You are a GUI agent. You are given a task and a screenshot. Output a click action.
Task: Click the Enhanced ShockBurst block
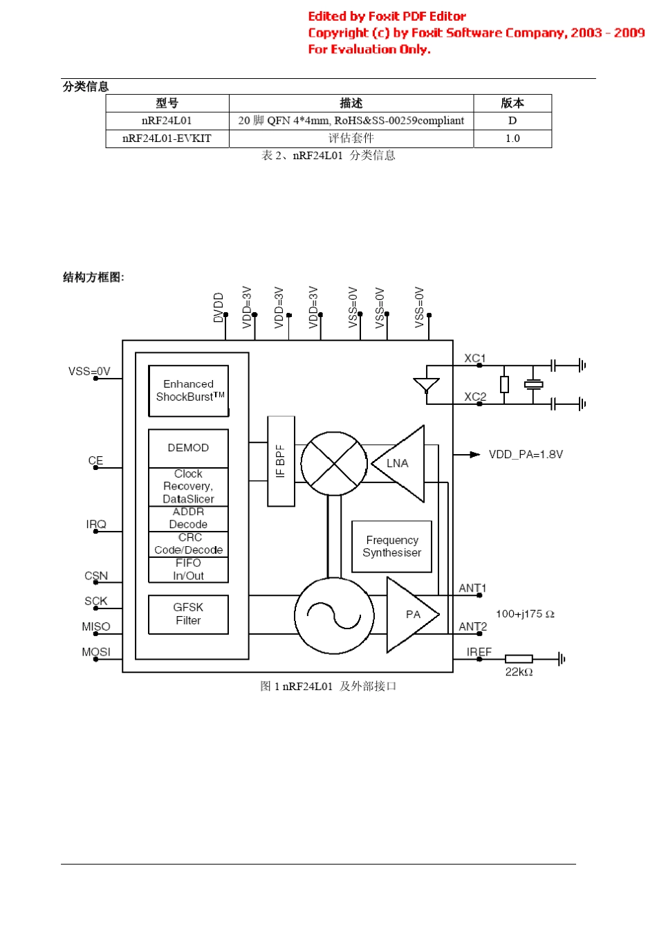point(188,390)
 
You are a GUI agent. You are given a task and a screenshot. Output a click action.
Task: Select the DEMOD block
point(188,448)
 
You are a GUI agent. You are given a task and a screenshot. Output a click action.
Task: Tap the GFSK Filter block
point(188,614)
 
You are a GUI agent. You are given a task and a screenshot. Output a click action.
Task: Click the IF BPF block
point(281,461)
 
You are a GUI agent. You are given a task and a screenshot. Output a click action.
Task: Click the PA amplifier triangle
point(411,614)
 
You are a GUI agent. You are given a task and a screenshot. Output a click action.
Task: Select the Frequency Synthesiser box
point(391,546)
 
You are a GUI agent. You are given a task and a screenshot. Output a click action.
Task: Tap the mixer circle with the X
point(334,464)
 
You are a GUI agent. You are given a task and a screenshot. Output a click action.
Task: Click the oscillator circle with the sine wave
point(334,615)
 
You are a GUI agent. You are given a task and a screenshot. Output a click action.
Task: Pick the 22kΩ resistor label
point(519,672)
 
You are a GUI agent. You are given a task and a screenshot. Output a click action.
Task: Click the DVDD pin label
point(219,307)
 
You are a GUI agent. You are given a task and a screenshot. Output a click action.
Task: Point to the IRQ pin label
point(96,524)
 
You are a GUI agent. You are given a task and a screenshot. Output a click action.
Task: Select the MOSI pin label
point(96,652)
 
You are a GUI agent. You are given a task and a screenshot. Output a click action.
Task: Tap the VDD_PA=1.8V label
point(526,455)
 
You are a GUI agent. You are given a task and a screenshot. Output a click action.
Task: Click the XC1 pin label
point(474,358)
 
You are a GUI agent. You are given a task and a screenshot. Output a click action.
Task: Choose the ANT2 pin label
point(473,626)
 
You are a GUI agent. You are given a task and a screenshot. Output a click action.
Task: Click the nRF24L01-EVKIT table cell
point(167,138)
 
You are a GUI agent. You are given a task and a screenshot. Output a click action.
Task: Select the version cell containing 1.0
point(512,138)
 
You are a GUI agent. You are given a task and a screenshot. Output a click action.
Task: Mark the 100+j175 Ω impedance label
point(525,614)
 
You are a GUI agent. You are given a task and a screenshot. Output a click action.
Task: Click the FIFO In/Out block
point(188,570)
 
